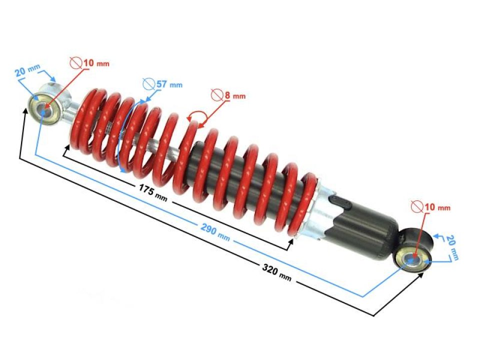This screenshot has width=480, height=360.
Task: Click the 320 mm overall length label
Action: coord(276,271)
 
